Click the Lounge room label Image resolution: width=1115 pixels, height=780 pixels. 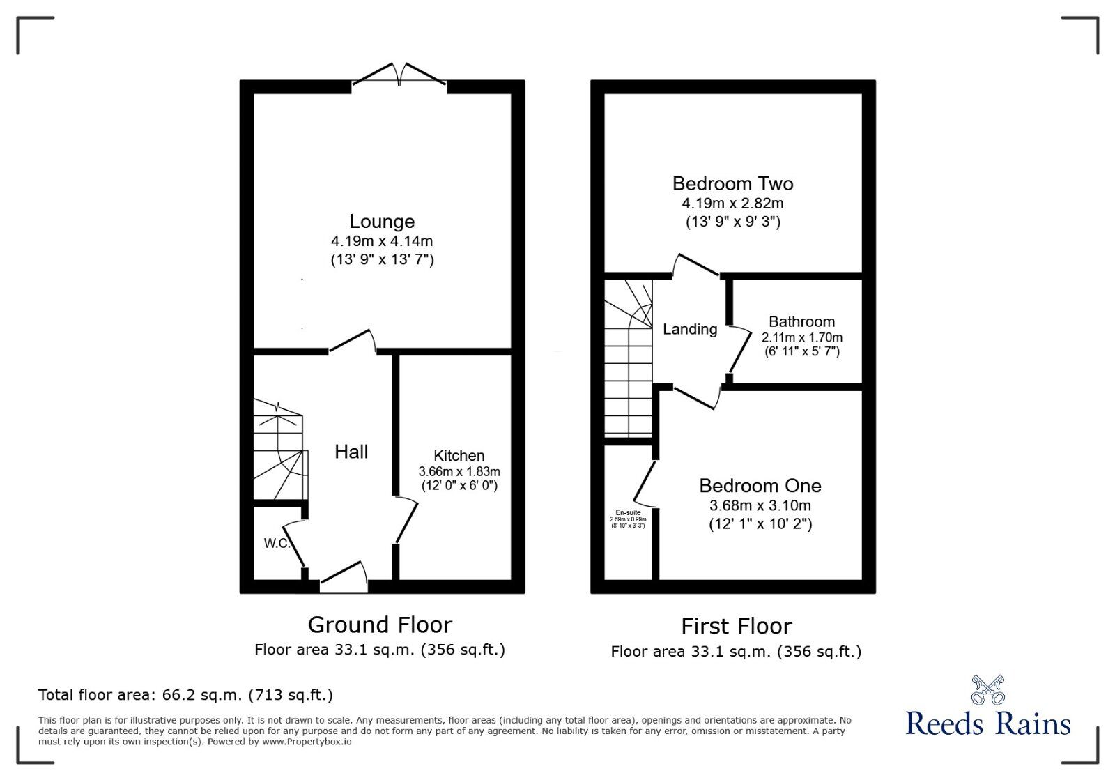pyautogui.click(x=382, y=222)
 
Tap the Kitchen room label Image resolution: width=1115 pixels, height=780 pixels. pyautogui.click(x=459, y=456)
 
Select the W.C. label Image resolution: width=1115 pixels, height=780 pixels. pyautogui.click(x=277, y=544)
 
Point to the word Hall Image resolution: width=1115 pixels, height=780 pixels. pyautogui.click(x=351, y=452)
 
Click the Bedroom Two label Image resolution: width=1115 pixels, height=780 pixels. pyautogui.click(x=732, y=184)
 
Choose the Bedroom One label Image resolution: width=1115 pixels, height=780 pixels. pyautogui.click(x=760, y=486)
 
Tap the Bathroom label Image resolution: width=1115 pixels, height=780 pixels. pyautogui.click(x=801, y=322)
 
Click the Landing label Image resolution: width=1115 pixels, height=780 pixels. pyautogui.click(x=690, y=330)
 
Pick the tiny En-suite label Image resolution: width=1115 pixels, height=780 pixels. pyautogui.click(x=628, y=512)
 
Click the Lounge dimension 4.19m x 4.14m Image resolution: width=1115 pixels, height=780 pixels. pyautogui.click(x=382, y=241)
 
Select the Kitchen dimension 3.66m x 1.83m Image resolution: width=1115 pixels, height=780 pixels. pyautogui.click(x=459, y=472)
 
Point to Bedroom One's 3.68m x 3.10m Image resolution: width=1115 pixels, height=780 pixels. pyautogui.click(x=760, y=505)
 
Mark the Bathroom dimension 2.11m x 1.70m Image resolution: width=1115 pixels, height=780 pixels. pyautogui.click(x=801, y=337)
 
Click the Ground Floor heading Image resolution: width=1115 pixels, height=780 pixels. pyautogui.click(x=380, y=625)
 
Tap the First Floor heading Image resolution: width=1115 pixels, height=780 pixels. pyautogui.click(x=736, y=627)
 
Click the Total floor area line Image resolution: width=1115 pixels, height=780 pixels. pyautogui.click(x=185, y=695)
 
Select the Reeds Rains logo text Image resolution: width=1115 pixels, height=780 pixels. pyautogui.click(x=988, y=724)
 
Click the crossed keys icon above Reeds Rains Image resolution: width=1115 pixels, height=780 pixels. pyautogui.click(x=988, y=689)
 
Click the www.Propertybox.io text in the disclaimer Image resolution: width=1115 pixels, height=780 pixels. pyautogui.click(x=307, y=742)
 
